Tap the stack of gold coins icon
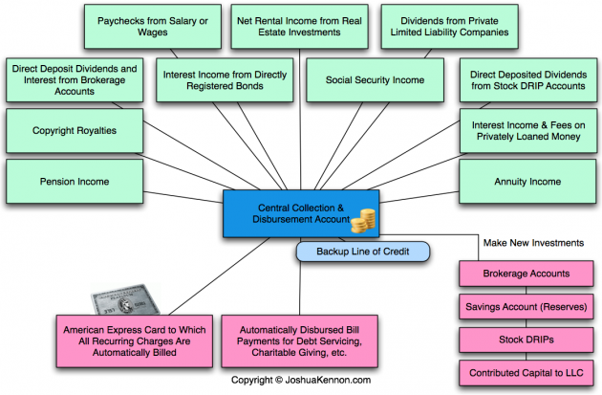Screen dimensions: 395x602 click(x=361, y=223)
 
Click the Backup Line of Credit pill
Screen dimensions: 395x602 click(x=362, y=252)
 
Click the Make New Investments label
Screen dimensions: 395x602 click(x=531, y=244)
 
